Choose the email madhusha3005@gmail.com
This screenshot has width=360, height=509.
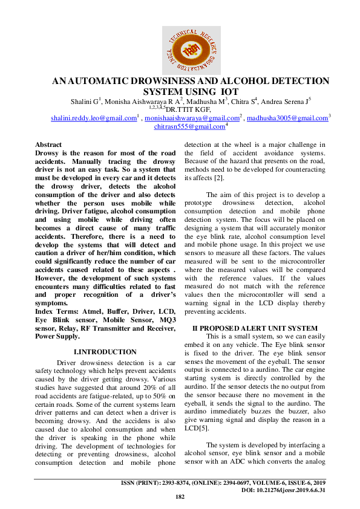(x=287, y=118)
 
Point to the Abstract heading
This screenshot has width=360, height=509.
(x=48, y=145)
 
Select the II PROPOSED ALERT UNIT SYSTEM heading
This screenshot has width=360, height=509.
(x=254, y=328)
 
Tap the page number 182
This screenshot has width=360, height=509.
(x=180, y=497)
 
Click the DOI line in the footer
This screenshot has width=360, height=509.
(x=284, y=490)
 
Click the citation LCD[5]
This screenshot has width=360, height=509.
(x=195, y=428)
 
